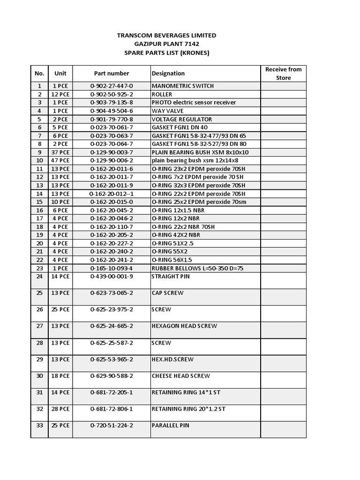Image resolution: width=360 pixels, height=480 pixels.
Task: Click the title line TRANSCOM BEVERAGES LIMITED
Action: coord(166,36)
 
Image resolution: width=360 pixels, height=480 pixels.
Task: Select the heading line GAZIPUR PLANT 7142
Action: coord(166,44)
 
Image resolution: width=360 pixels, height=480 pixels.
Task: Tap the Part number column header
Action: coord(112,74)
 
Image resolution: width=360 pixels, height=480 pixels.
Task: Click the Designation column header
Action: coord(168,74)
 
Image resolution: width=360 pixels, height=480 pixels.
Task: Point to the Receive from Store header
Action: coord(283,74)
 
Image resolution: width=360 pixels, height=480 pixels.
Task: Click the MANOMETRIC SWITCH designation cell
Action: coord(183,86)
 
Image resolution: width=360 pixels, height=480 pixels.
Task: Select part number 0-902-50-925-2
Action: coord(112,95)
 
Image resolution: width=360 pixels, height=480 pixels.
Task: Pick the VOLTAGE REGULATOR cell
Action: coord(182,120)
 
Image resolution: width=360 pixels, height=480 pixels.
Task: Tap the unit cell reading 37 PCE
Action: coord(60,152)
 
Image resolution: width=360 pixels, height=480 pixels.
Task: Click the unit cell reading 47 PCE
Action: coord(60,161)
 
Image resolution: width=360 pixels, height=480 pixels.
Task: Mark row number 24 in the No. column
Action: coord(39,277)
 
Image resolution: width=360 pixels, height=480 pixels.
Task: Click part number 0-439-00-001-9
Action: coord(112,277)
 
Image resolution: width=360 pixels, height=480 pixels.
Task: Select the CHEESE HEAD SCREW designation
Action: coord(181,376)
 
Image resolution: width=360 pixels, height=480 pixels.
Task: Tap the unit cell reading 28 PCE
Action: coord(60,409)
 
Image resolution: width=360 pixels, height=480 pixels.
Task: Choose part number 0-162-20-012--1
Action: coord(112,194)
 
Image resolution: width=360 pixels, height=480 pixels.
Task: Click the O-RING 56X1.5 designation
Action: coord(172,260)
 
